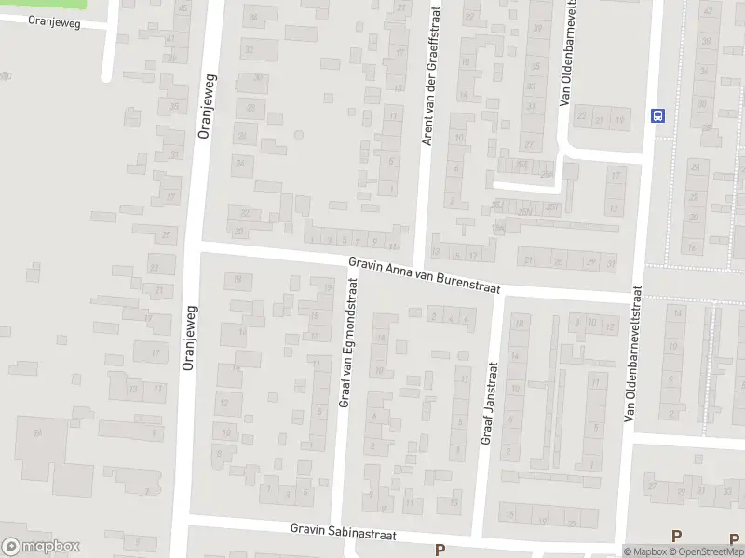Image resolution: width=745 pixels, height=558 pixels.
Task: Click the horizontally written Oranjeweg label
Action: click(x=55, y=22)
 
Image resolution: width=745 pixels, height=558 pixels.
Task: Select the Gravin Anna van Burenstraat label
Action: click(x=425, y=275)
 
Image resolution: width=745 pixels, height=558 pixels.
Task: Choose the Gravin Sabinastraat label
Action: click(x=344, y=535)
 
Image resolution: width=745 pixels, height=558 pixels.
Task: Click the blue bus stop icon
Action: click(x=659, y=115)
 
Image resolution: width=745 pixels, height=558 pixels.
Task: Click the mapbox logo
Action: click(x=41, y=547)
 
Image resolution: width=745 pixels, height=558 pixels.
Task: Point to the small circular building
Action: click(x=298, y=135)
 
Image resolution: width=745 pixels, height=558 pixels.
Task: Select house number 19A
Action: click(x=498, y=227)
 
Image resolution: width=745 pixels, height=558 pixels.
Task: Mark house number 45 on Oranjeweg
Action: click(x=183, y=9)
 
